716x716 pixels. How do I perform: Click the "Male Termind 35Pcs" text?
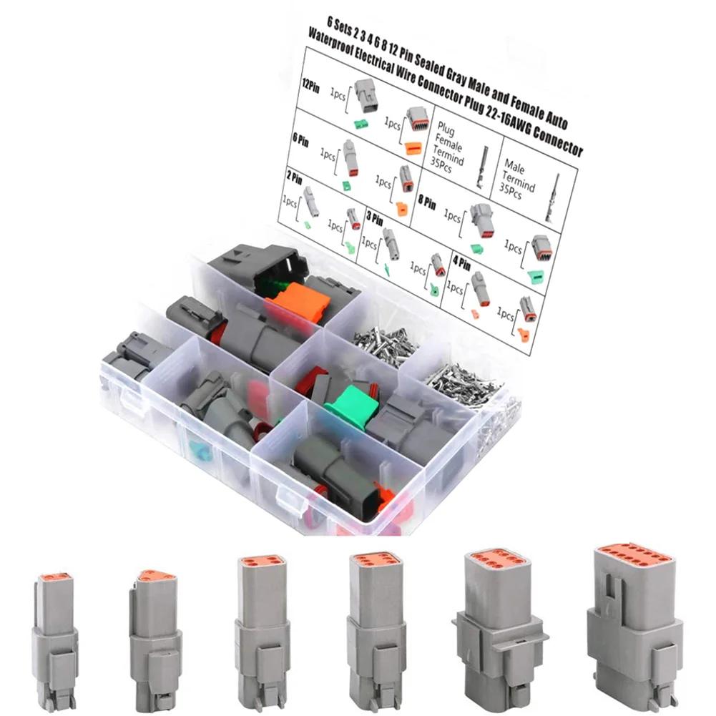tap(519, 177)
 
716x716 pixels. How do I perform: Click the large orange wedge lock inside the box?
tap(301, 300)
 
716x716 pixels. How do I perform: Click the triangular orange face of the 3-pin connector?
tap(152, 575)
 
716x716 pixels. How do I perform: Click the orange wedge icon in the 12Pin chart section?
tap(411, 149)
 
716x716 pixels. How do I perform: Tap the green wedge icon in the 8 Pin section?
tap(476, 247)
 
